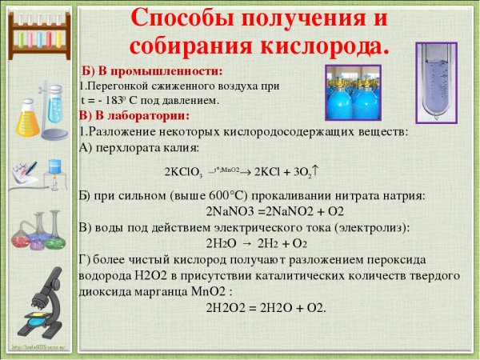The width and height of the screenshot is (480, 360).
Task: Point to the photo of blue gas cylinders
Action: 357,93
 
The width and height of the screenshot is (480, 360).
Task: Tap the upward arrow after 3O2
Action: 317,169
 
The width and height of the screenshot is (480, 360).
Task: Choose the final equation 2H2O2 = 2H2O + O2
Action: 266,307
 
